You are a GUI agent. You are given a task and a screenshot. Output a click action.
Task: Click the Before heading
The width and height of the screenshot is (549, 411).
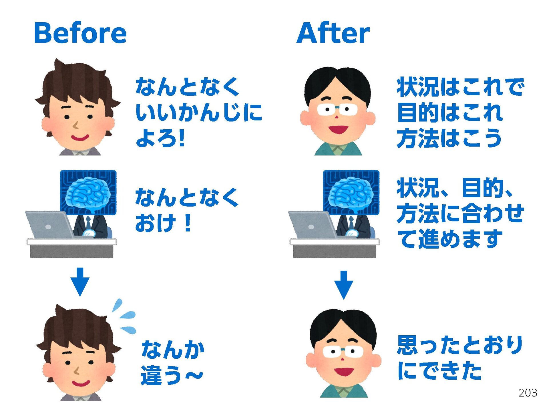click(80, 33)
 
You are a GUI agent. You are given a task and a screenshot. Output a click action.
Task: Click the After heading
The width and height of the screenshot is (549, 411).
click(333, 33)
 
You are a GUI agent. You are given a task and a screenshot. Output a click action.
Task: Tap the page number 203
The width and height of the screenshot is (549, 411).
click(528, 393)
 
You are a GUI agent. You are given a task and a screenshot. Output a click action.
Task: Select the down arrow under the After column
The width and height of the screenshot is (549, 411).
click(344, 285)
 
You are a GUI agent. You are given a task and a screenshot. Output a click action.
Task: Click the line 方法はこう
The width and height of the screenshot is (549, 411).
click(449, 138)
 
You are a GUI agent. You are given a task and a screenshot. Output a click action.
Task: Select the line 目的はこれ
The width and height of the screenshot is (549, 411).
click(450, 112)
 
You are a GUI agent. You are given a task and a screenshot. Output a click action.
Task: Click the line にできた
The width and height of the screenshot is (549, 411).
click(439, 370)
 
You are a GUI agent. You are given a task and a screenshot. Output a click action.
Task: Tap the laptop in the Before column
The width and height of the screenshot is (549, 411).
click(49, 225)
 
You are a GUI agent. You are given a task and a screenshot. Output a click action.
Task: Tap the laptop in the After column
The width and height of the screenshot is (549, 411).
click(312, 225)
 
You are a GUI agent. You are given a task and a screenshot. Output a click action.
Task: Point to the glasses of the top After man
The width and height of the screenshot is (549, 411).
click(337, 109)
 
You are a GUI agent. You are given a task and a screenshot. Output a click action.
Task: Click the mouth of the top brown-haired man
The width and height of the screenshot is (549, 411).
click(80, 138)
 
